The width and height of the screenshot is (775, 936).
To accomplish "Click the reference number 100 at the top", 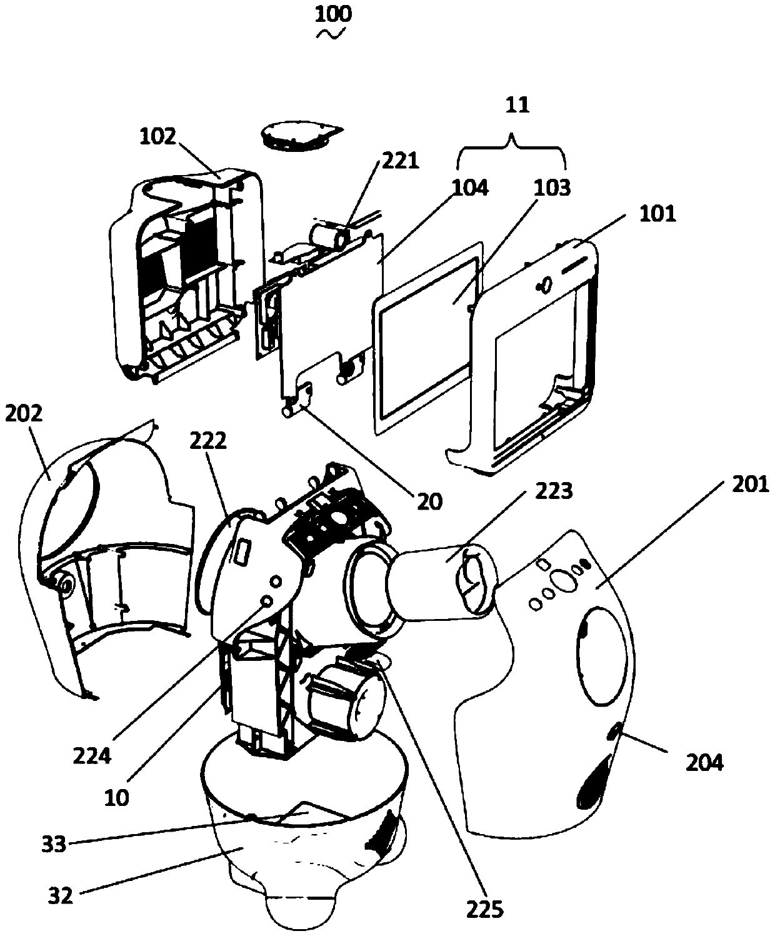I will coord(333,14).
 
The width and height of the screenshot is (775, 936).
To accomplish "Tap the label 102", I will coord(158,137).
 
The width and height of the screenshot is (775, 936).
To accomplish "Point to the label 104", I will coord(470,187).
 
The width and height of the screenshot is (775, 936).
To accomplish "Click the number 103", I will coord(551,188).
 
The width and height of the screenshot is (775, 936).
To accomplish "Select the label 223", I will coord(554,491).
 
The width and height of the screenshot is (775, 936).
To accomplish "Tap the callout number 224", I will coord(92,756).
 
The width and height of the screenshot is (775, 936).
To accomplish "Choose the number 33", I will coord(54,844).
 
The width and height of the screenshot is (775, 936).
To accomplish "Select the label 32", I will coord(61,895).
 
